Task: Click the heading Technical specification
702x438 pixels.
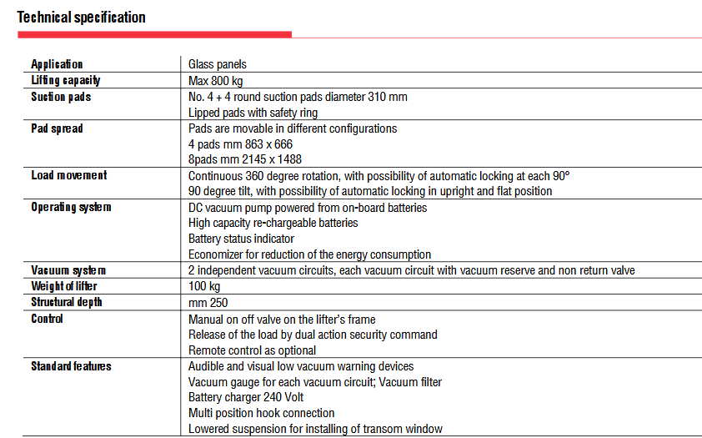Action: pyautogui.click(x=82, y=17)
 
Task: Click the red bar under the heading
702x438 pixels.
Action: pyautogui.click(x=155, y=34)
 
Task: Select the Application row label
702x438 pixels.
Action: pyautogui.click(x=57, y=64)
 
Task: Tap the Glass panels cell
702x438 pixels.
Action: pyautogui.click(x=217, y=64)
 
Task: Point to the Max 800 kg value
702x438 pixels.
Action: pyautogui.click(x=215, y=80)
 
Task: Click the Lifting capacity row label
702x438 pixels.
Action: pyautogui.click(x=66, y=80)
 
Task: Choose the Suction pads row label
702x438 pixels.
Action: pyautogui.click(x=61, y=97)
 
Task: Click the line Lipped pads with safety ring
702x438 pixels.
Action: pyautogui.click(x=253, y=113)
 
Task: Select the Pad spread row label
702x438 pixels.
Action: pyautogui.click(x=57, y=128)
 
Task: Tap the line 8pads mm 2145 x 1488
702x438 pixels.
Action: pyautogui.click(x=244, y=159)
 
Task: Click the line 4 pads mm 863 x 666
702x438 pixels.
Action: pyautogui.click(x=240, y=144)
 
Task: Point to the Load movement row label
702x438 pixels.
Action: pyautogui.click(x=69, y=175)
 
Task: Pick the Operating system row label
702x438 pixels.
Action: pyautogui.click(x=71, y=207)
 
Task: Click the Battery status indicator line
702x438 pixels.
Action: pyautogui.click(x=241, y=239)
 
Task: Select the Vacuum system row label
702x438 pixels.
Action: pyautogui.click(x=68, y=270)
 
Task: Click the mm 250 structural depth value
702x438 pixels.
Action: pyautogui.click(x=208, y=302)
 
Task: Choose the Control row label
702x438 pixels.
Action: pyautogui.click(x=47, y=319)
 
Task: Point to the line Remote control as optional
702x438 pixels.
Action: pyautogui.click(x=252, y=350)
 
